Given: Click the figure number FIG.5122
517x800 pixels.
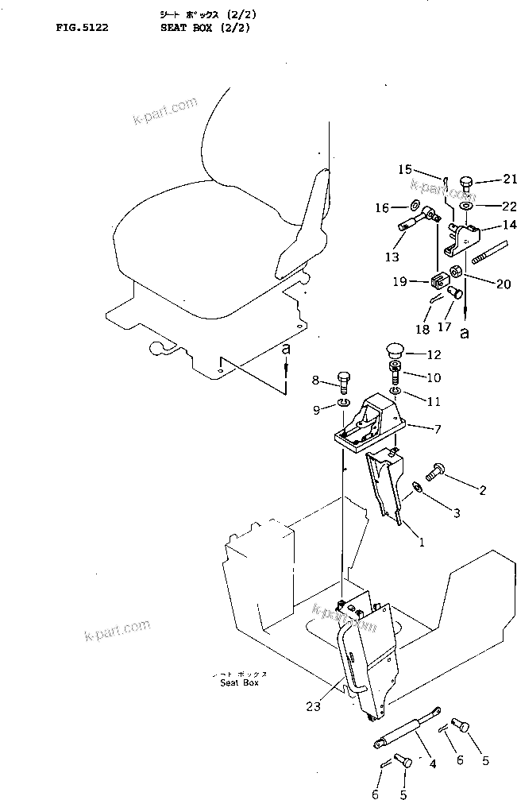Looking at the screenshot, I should click(x=82, y=27).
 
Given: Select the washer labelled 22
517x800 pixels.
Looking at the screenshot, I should click(x=465, y=206).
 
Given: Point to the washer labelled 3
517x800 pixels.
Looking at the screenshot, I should click(x=417, y=488).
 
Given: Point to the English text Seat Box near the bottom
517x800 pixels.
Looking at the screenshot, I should click(x=239, y=682).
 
